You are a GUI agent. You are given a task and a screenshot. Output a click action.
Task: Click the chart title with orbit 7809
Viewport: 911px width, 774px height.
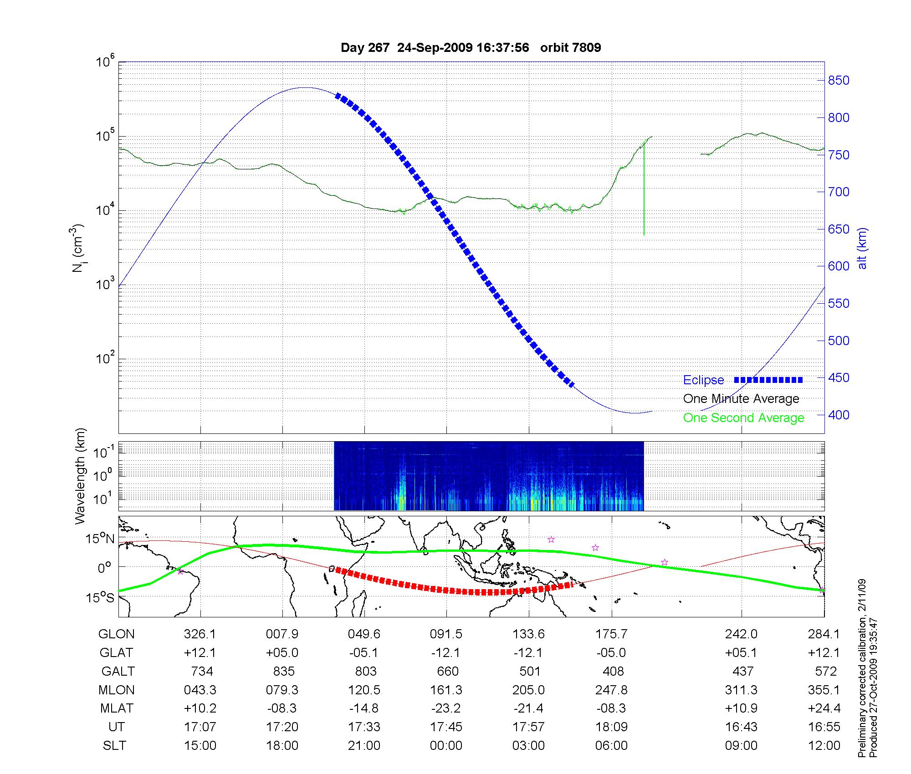[x=471, y=48]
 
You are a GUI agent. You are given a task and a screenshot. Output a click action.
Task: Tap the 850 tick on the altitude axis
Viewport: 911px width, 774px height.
[x=839, y=81]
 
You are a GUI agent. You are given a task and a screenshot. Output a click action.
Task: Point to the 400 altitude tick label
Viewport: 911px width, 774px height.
[x=839, y=415]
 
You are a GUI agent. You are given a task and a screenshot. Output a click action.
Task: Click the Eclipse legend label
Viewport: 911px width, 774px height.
[x=703, y=380]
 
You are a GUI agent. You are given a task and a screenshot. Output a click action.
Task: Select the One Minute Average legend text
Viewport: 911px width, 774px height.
[x=741, y=399]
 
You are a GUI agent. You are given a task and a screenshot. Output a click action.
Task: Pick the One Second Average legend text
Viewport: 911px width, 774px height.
[x=743, y=418]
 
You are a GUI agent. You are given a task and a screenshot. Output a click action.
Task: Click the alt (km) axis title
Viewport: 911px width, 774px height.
[x=862, y=248]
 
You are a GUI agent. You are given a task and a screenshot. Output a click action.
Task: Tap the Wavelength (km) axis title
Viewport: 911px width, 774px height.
[x=80, y=476]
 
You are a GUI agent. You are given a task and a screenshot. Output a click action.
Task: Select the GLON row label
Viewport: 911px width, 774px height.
[x=117, y=634]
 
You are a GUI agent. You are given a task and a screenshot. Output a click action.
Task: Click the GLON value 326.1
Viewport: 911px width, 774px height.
[x=200, y=634]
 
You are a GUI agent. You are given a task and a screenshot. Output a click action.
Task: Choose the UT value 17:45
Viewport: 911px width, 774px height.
[x=446, y=727]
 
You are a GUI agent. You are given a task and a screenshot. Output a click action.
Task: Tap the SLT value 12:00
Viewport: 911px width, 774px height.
[x=824, y=745]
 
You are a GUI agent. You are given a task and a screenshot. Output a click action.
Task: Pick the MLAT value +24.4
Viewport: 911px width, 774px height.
[x=824, y=708]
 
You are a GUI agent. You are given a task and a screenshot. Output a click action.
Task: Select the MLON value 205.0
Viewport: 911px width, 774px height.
[x=528, y=690]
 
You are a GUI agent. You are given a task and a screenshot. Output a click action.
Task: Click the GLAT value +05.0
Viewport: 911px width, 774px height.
[x=282, y=653]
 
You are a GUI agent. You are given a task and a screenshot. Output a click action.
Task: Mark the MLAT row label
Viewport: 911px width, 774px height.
[x=117, y=708]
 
